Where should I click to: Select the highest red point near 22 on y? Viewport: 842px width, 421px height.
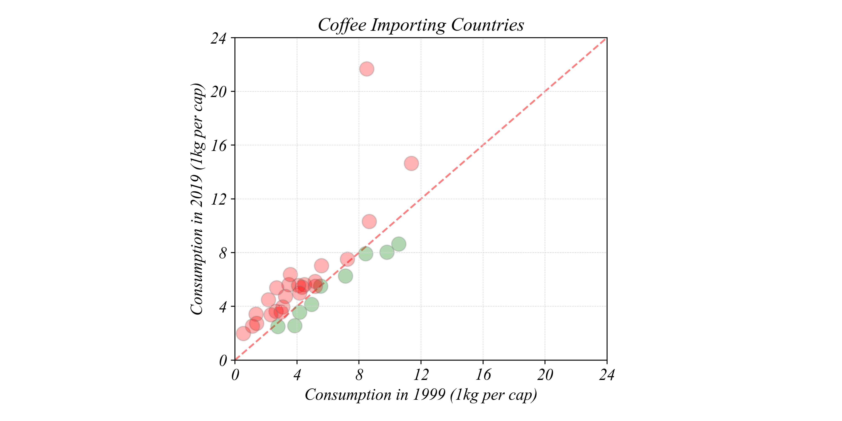[367, 69]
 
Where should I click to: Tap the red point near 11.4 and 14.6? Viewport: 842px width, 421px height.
[411, 163]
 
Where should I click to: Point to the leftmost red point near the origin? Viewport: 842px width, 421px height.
[243, 334]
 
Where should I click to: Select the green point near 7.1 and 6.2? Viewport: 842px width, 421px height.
[345, 276]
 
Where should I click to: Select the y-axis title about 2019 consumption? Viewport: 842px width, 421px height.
[197, 199]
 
